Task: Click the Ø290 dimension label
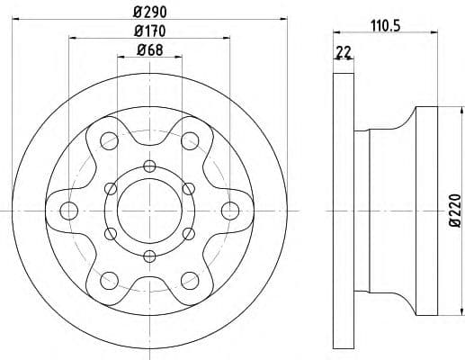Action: (150, 13)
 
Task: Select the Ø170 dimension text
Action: (150, 32)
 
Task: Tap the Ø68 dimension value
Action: (150, 51)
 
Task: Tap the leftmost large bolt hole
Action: (68, 211)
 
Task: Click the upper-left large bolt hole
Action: (110, 140)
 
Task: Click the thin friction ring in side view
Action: (343, 211)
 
